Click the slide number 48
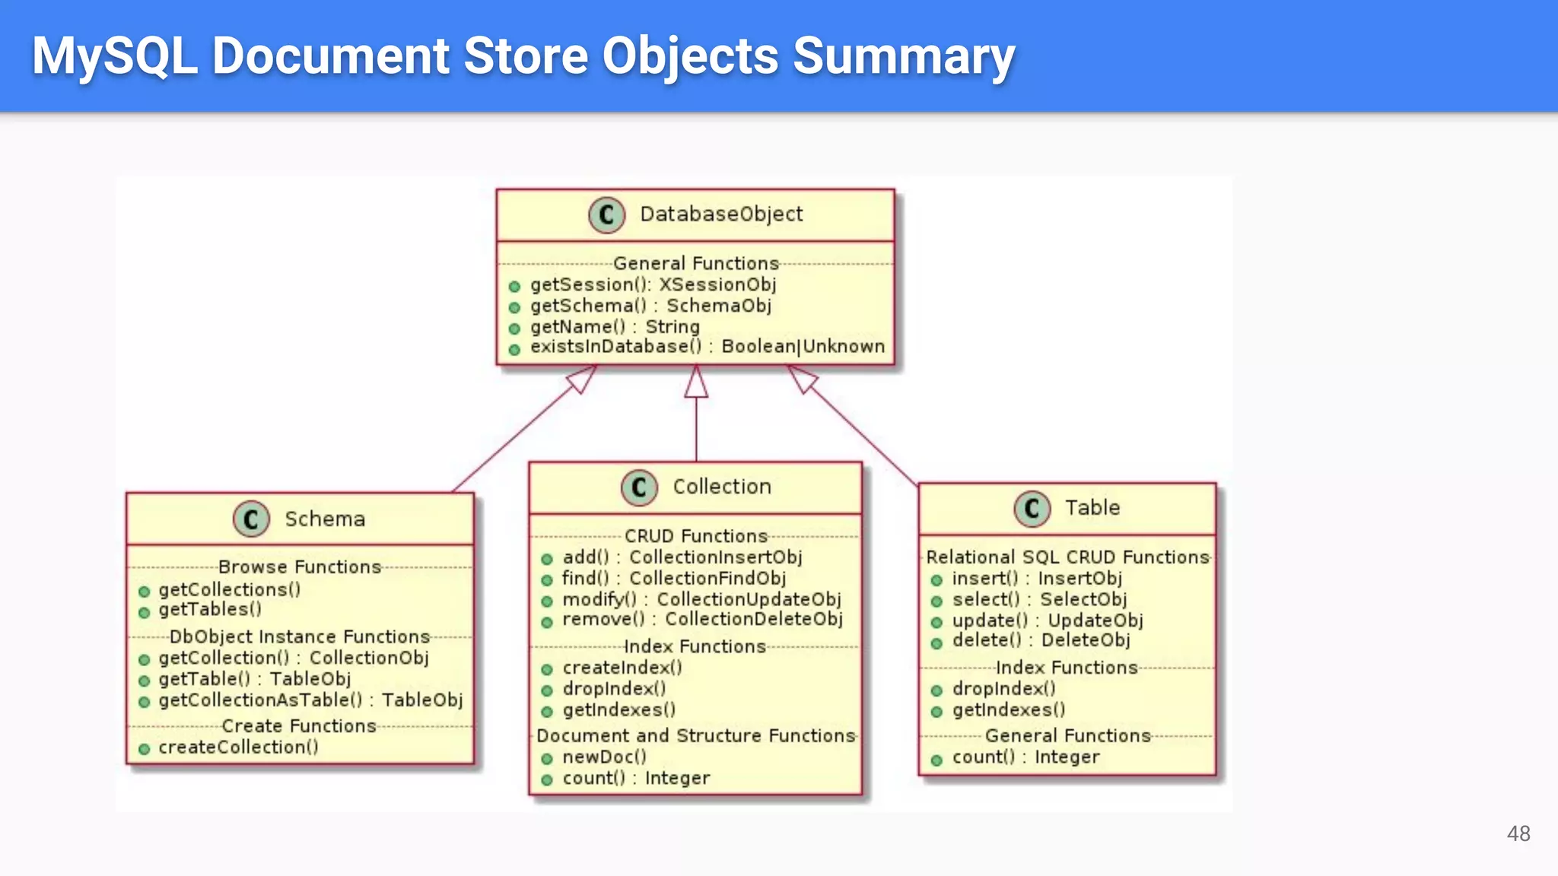pos(1518,833)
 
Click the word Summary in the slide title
pos(904,56)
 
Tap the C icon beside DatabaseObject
pos(606,215)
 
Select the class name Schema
pos(325,519)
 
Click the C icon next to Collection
pos(639,487)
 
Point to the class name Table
pos(1092,508)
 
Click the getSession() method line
pos(653,285)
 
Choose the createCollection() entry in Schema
pos(238,747)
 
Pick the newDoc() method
pos(604,757)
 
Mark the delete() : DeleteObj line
pos(1041,641)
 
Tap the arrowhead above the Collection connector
pos(696,382)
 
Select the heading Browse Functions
pos(299,567)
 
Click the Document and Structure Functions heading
pos(695,736)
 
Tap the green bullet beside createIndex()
pos(546,670)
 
